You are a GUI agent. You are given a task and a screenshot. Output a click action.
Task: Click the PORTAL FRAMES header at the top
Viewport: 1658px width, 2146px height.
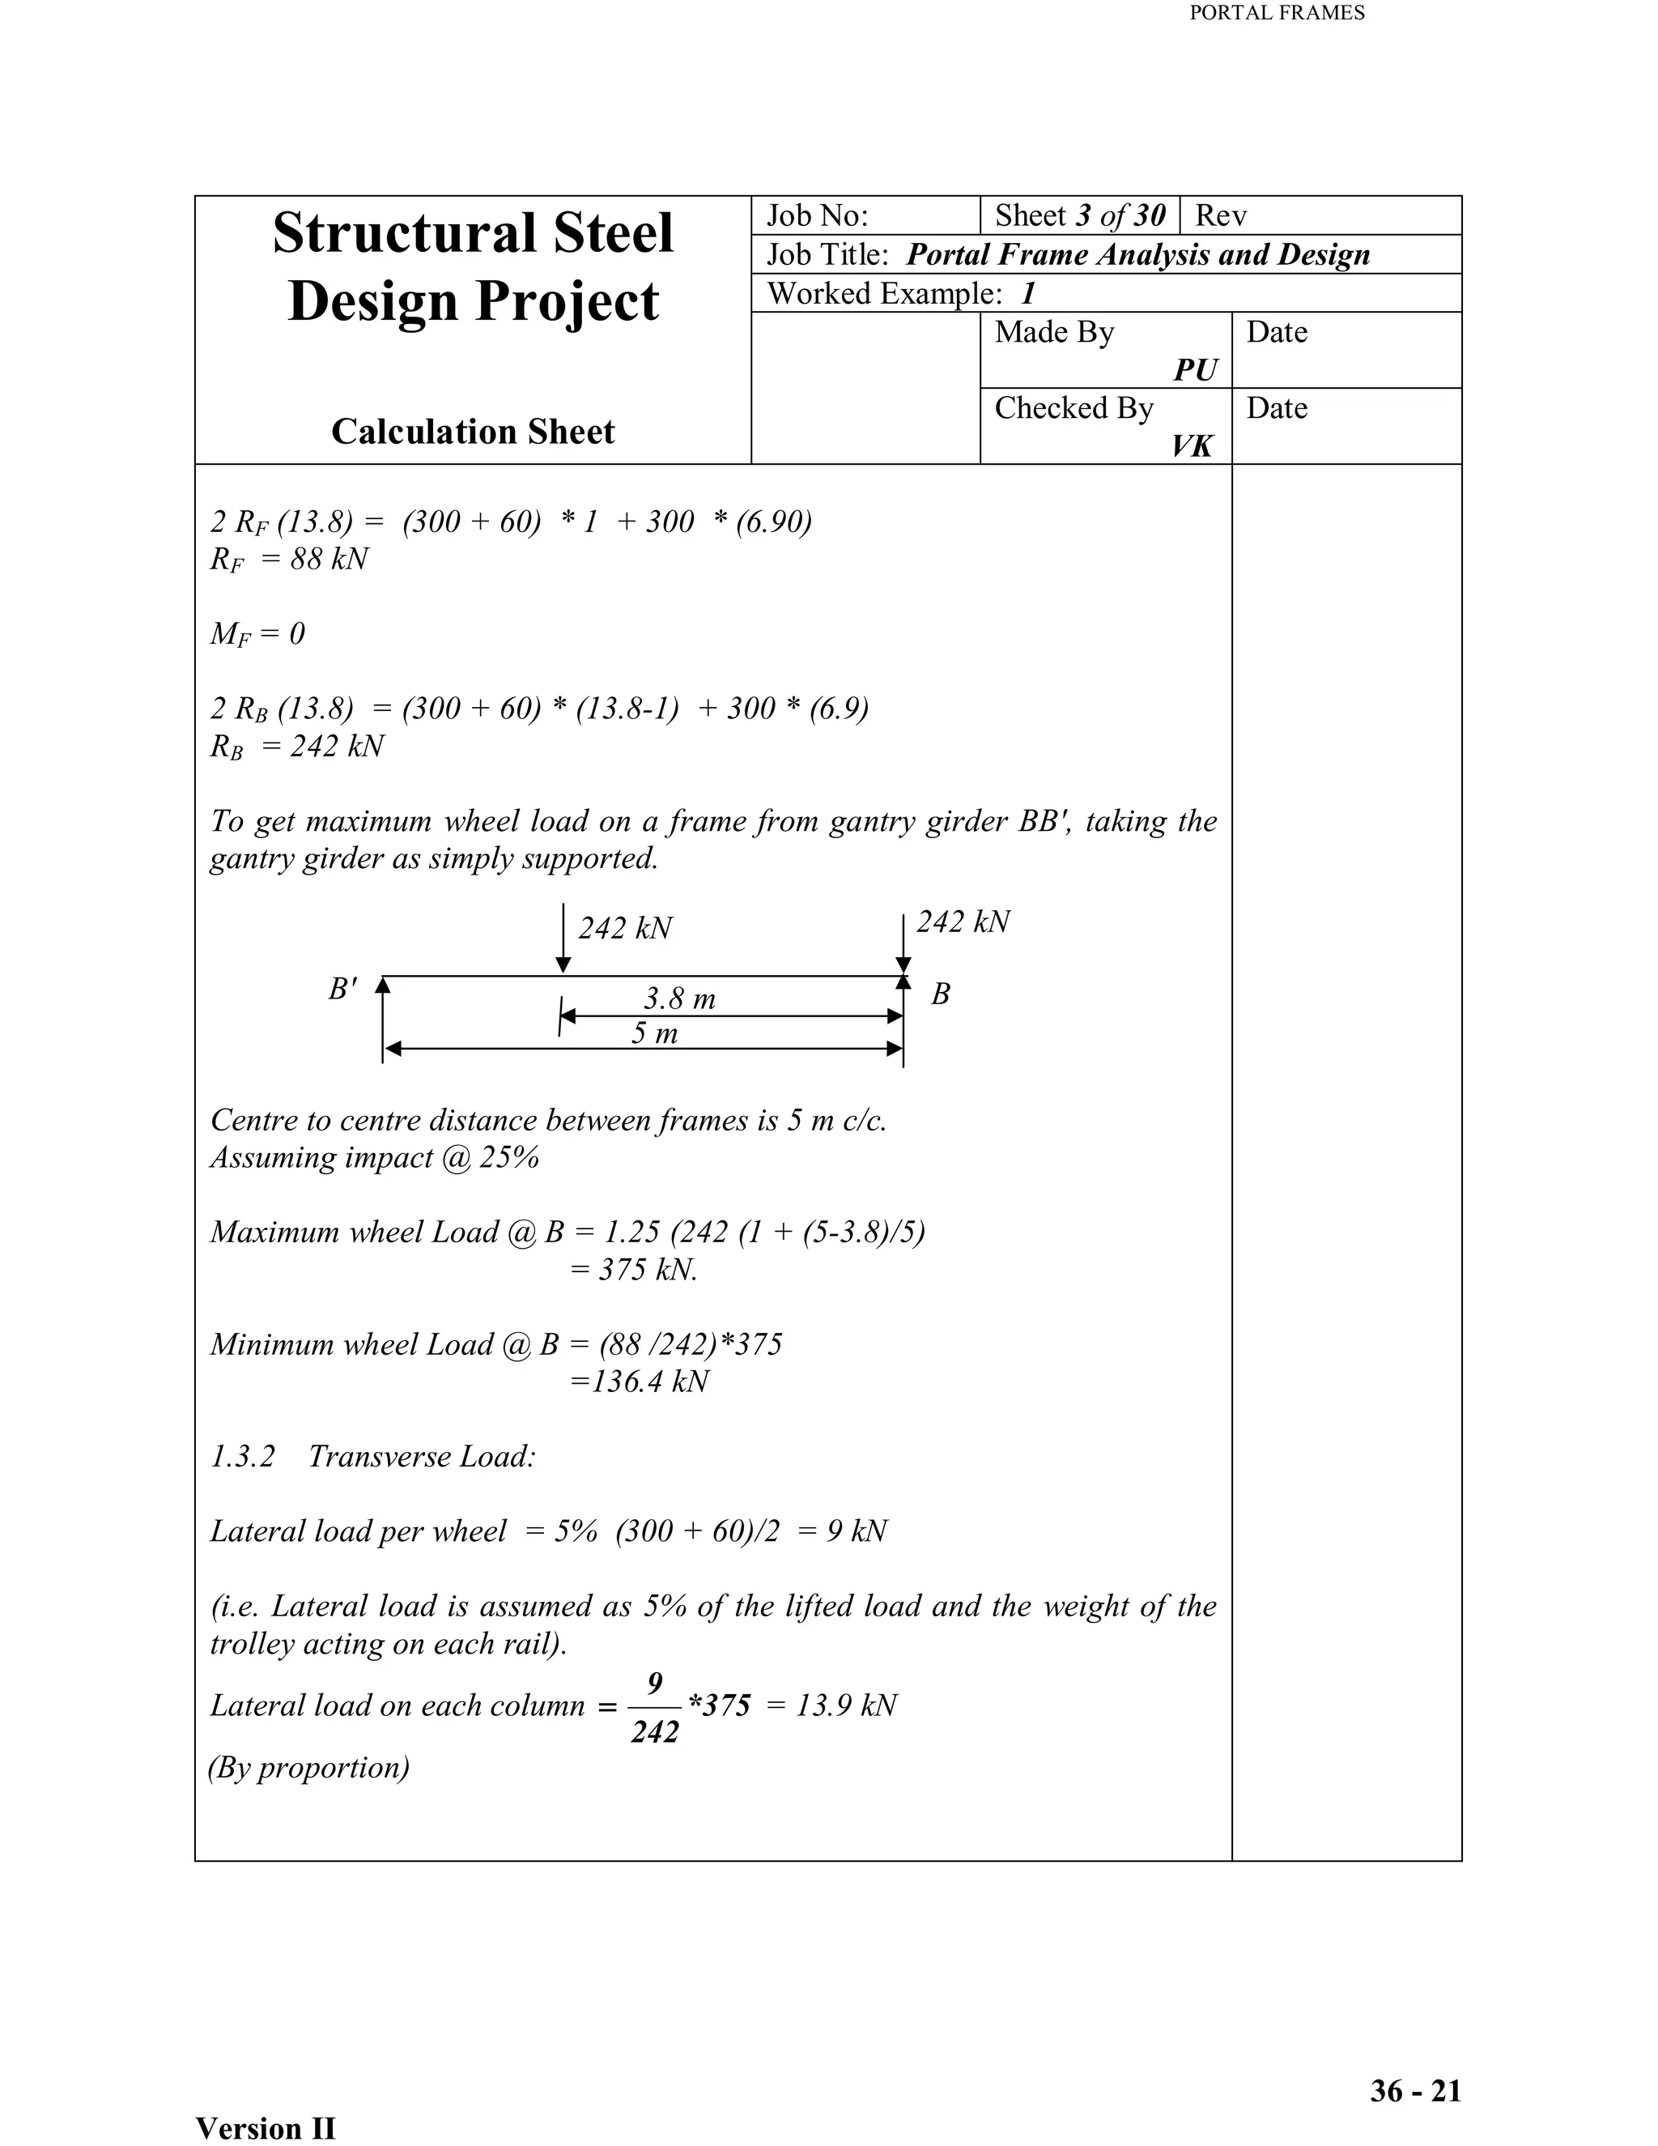[1276, 13]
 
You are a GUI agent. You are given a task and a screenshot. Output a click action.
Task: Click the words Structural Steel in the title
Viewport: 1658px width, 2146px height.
[473, 233]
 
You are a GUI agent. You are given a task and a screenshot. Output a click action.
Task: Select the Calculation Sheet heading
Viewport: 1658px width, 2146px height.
[473, 432]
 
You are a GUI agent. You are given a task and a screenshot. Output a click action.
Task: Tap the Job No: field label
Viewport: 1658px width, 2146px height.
[817, 215]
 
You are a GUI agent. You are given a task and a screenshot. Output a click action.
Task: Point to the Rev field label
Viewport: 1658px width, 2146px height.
[1220, 215]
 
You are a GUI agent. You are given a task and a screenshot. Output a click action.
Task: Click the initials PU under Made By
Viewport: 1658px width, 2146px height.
[1196, 369]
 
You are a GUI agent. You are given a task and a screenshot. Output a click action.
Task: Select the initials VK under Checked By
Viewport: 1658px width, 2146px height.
[1192, 446]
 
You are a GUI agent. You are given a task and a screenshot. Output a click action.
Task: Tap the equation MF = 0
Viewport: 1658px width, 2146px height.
[257, 634]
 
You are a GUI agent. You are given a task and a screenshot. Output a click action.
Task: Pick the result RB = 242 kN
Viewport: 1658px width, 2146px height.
[296, 746]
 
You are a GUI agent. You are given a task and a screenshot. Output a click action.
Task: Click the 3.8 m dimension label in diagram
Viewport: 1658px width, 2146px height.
[680, 999]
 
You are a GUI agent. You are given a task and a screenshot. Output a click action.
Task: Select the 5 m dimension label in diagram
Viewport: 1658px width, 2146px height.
[654, 1033]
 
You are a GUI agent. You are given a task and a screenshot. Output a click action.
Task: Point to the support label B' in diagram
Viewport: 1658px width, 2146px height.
[342, 989]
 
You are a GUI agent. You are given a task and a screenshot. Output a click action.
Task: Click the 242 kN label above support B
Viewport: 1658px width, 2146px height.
[963, 922]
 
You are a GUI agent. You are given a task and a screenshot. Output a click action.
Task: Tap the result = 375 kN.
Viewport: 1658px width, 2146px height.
[634, 1270]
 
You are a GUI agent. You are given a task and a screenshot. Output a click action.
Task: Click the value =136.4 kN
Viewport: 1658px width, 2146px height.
[640, 1382]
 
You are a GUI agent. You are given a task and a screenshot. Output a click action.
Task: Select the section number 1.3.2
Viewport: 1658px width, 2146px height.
[243, 1456]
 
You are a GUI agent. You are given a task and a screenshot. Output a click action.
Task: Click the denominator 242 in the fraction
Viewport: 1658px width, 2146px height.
[654, 1732]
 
